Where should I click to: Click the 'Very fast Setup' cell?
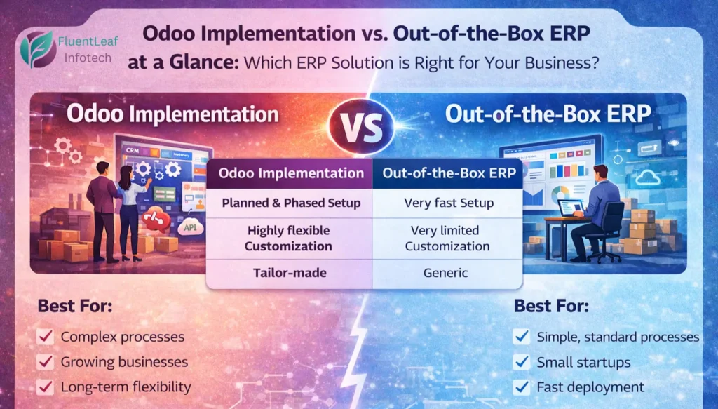pyautogui.click(x=447, y=203)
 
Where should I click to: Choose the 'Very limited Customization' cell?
pyautogui.click(x=447, y=239)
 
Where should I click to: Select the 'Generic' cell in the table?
pyautogui.click(x=447, y=273)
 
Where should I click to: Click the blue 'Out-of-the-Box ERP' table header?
pyautogui.click(x=447, y=173)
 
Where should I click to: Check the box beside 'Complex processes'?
pyautogui.click(x=46, y=337)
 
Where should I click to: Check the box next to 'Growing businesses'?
pyautogui.click(x=46, y=362)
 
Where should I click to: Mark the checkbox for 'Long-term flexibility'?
pyautogui.click(x=46, y=387)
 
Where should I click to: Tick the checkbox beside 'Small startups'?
pyautogui.click(x=521, y=362)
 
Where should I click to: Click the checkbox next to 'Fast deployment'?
pyautogui.click(x=521, y=387)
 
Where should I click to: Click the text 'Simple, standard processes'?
pyautogui.click(x=618, y=337)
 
